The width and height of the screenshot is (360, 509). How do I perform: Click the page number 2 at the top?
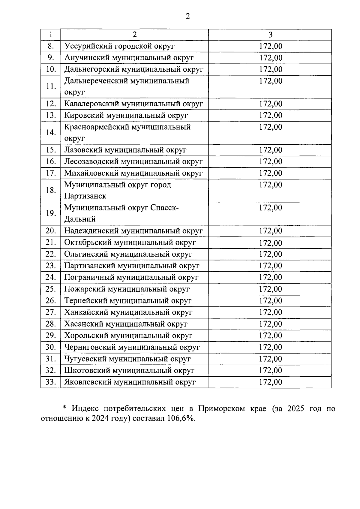coord(188,16)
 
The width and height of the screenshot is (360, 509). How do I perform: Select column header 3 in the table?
coord(270,35)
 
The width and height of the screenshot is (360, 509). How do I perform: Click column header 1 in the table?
coord(51,35)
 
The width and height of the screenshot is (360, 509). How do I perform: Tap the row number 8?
coord(51,46)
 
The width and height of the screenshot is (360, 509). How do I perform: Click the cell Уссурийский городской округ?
coord(119,46)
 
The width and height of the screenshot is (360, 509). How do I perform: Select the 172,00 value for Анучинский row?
coord(271,58)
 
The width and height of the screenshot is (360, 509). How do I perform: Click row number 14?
coord(51,132)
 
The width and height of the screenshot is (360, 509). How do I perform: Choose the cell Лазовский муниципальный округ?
coord(125,150)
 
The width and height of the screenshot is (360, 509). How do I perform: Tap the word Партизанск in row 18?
coord(85,196)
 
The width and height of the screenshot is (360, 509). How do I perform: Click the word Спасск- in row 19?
coord(164,208)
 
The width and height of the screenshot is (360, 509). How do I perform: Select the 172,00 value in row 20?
coord(271,231)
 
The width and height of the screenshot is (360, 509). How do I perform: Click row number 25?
coord(51,289)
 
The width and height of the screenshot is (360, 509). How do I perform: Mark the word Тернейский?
coord(86,301)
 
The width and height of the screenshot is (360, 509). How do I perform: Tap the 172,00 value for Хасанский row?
coord(271,324)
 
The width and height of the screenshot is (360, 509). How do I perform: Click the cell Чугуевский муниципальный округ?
coord(127,359)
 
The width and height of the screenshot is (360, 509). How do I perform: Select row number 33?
coord(51,382)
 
